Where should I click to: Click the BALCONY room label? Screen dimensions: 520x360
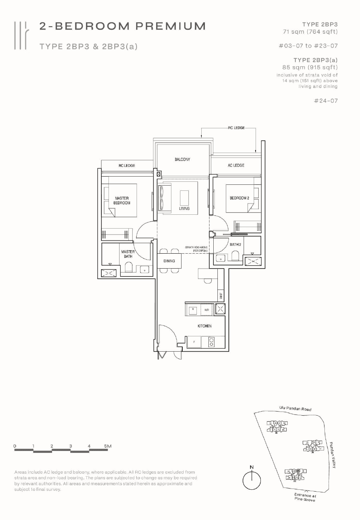[x=182, y=159]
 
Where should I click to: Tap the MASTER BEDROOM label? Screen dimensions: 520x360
[x=122, y=201]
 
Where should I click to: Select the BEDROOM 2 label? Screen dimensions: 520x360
[x=239, y=198]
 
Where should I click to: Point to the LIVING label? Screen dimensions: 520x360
[x=184, y=208]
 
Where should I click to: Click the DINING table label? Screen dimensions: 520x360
[x=169, y=261]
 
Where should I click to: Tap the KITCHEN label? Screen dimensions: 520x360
[x=204, y=326]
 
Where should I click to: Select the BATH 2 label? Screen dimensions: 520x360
[x=235, y=244]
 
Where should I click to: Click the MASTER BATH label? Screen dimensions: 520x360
[x=128, y=254]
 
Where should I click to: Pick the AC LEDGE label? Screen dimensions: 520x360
[x=236, y=165]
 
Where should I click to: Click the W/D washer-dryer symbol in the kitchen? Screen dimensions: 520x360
[x=207, y=310]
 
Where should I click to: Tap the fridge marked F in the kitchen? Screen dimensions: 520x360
[x=194, y=342]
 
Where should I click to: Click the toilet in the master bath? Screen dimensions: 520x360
[x=128, y=267]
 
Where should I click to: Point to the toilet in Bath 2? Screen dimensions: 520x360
[x=235, y=256]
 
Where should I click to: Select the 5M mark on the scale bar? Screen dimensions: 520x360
[x=107, y=446]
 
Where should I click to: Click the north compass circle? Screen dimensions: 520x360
[x=251, y=480]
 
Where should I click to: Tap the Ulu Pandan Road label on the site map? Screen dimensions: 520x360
[x=295, y=409]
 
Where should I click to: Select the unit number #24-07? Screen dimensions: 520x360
[x=326, y=101]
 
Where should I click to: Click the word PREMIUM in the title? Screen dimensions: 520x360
[x=170, y=26]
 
